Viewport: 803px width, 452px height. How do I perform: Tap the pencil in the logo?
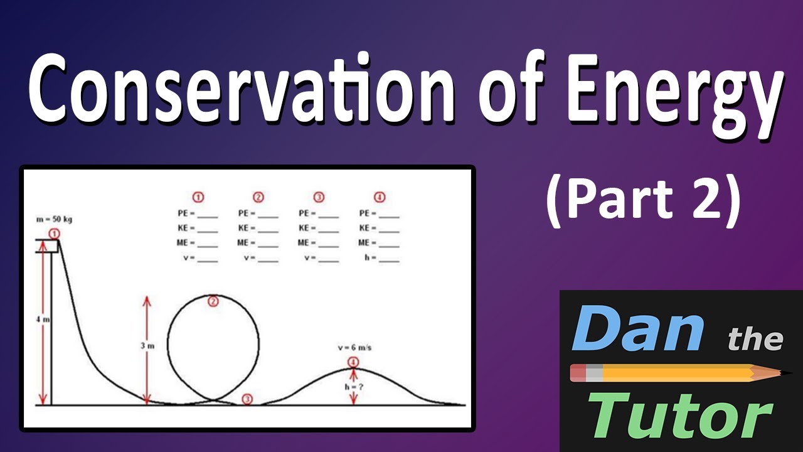(x=674, y=374)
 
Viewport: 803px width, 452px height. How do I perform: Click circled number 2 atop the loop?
(x=213, y=302)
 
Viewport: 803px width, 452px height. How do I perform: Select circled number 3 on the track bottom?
(x=247, y=399)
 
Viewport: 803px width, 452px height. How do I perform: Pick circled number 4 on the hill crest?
(x=353, y=362)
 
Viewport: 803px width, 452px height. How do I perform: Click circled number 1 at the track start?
(x=55, y=234)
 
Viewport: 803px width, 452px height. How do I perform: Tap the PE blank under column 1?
(x=208, y=213)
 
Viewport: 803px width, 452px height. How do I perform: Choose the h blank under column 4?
(x=389, y=258)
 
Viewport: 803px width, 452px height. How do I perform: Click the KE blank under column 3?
(x=328, y=229)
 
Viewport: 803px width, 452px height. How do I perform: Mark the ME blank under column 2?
(x=268, y=243)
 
